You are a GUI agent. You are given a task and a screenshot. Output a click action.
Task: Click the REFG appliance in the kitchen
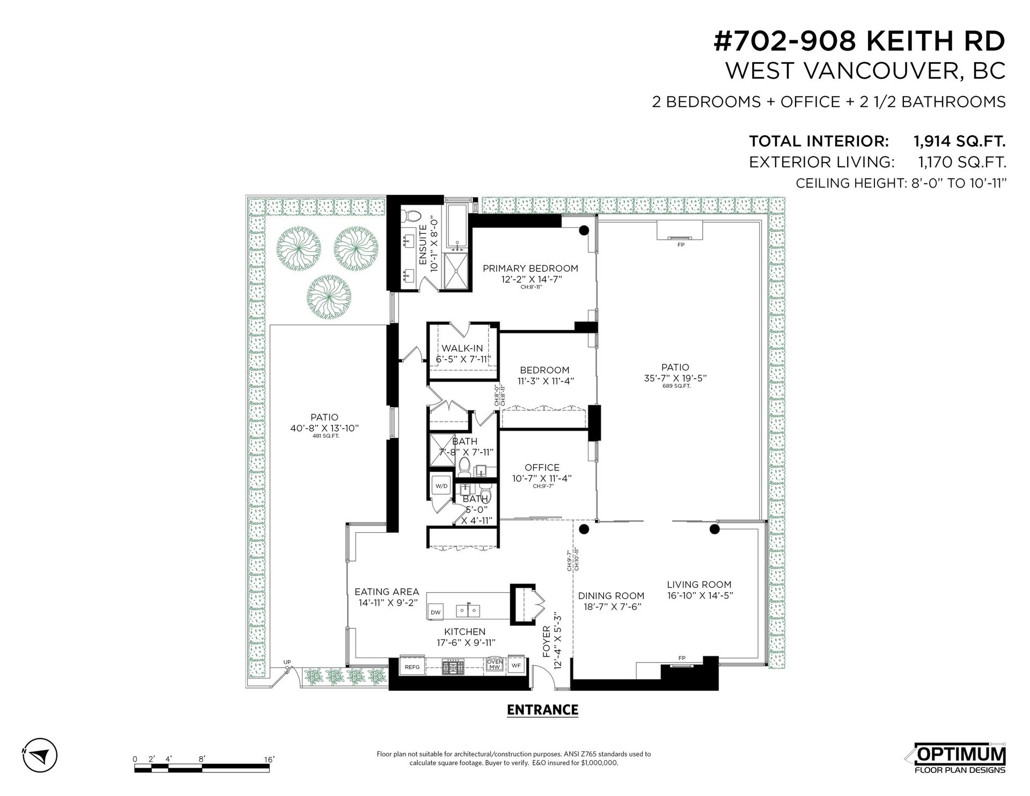coord(413,666)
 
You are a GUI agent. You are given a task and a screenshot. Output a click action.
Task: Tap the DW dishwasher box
coord(436,611)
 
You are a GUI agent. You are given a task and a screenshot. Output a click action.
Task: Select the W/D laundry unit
coord(442,487)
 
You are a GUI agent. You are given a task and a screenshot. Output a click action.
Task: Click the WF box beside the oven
coord(516,666)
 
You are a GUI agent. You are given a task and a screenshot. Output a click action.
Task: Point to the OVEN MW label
coord(495,665)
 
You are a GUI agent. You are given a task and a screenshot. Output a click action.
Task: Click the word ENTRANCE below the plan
coord(542,710)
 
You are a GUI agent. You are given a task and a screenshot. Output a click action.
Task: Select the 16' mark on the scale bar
coord(269,760)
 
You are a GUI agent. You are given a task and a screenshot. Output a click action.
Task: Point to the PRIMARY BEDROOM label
coord(530,268)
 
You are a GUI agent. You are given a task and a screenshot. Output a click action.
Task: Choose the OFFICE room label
coord(542,468)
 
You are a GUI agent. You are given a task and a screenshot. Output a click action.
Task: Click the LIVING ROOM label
coord(699,585)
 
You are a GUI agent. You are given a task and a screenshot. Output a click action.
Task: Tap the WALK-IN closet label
coord(462,348)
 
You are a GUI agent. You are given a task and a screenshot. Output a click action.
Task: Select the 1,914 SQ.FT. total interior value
coord(959,141)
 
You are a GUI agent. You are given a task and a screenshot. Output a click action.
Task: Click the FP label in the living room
coord(682,658)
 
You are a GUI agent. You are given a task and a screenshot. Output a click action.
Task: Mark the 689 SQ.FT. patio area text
coord(675,386)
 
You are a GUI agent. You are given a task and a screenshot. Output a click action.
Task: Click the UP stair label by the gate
coord(287,662)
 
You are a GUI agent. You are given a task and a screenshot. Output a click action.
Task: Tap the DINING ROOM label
coord(611,596)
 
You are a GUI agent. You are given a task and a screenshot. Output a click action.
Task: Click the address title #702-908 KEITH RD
coord(859,41)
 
